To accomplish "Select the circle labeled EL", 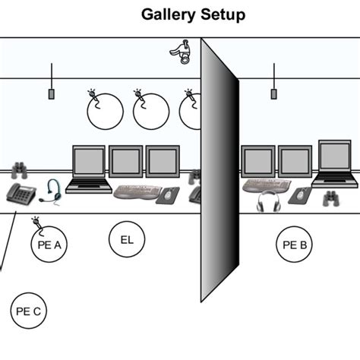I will [x=127, y=240].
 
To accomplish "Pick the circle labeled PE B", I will [x=294, y=245].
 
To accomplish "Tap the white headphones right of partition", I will [x=269, y=201].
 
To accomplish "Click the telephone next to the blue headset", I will [x=21, y=194].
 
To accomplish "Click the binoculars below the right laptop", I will [x=331, y=199].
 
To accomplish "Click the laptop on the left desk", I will [x=88, y=169].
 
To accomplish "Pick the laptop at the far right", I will [x=335, y=163].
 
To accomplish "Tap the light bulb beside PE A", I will [x=35, y=222].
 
